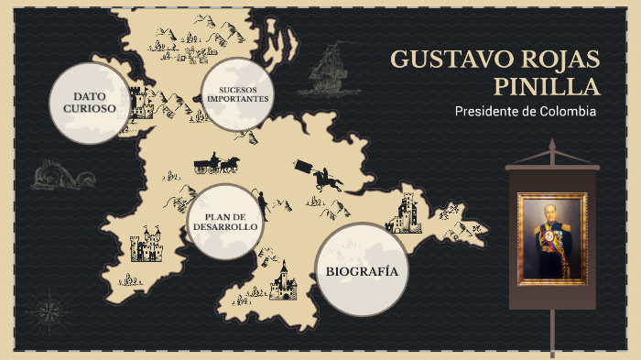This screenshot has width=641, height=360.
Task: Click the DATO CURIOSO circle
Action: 88,103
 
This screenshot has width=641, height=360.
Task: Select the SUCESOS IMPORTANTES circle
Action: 238,94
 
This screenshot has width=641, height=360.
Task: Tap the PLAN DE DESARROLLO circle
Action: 223,221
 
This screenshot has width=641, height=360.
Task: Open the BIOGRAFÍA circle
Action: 361,270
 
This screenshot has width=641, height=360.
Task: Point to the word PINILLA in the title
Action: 547,87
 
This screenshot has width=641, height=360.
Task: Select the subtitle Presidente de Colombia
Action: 525,111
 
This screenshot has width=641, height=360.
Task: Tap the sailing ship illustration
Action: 327,72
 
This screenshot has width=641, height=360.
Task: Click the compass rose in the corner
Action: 45,303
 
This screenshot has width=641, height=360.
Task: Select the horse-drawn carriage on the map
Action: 216,165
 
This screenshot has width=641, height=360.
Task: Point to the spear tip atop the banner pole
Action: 552,147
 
